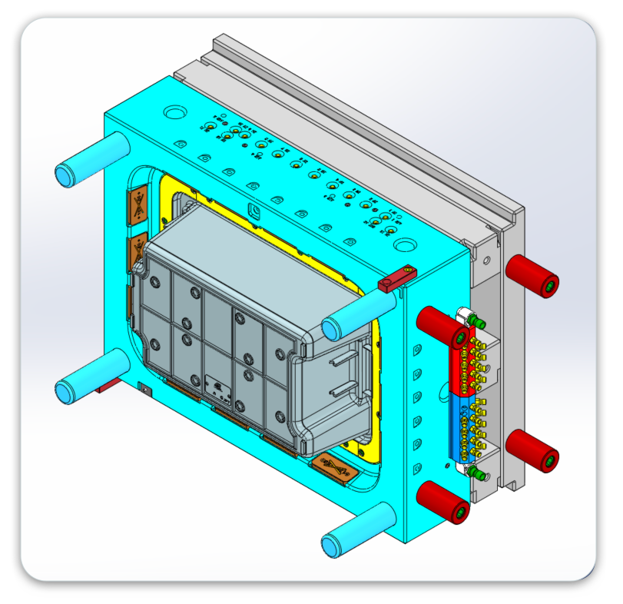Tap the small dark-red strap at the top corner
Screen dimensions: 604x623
[396, 278]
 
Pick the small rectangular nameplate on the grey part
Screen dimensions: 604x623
[217, 387]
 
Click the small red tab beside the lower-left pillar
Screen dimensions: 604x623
[108, 385]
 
